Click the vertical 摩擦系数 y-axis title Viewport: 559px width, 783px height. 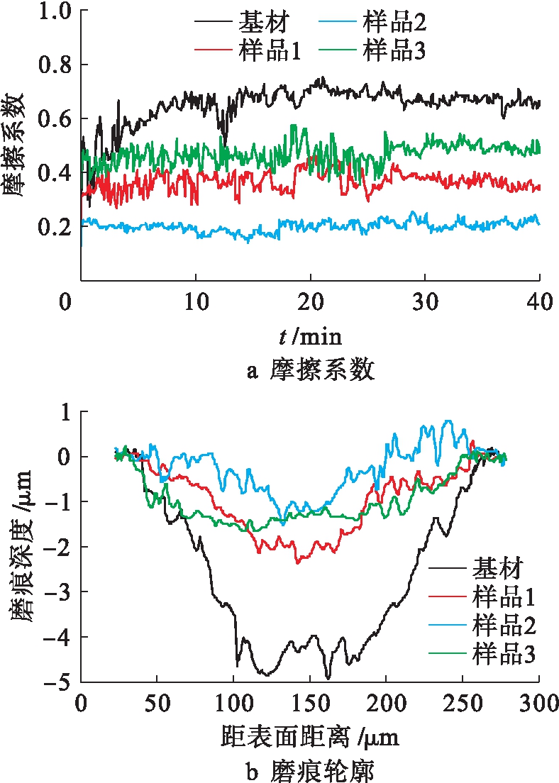(x=18, y=145)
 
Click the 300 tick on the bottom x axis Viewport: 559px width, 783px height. (x=539, y=703)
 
